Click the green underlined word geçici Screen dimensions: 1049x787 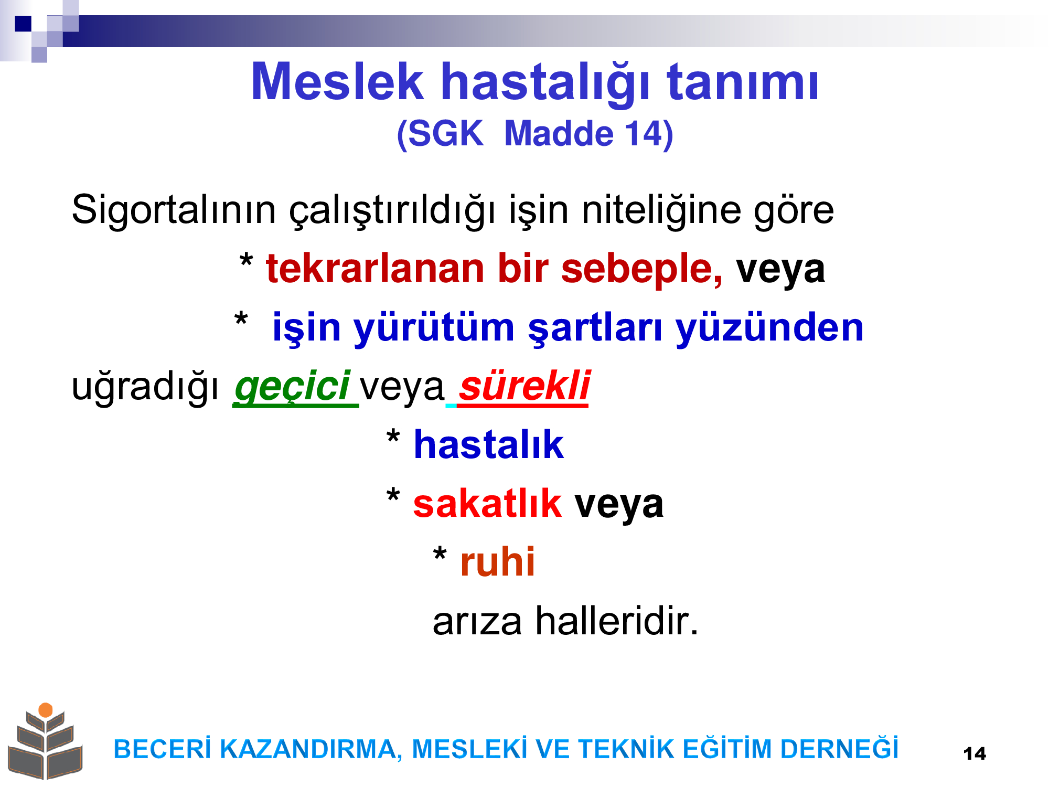293,386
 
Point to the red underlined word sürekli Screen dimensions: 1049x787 524,386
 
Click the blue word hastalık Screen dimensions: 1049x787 489,444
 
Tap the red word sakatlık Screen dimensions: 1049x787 487,503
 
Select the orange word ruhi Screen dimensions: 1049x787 497,562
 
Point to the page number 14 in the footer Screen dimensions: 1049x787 975,754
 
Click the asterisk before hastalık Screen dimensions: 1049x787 393,437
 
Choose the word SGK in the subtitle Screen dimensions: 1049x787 445,134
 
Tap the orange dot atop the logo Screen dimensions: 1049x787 46,710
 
